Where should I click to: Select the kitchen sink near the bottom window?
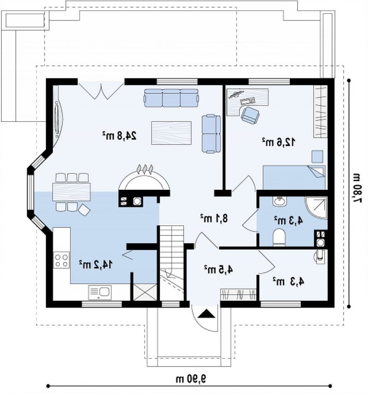(100, 292)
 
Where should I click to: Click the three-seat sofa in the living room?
(172, 98)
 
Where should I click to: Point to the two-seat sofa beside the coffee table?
(211, 133)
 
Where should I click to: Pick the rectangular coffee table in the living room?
(171, 133)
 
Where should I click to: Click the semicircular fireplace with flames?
(144, 179)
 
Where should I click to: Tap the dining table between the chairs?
(71, 192)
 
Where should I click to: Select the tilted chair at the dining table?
(84, 210)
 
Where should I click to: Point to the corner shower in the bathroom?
(316, 208)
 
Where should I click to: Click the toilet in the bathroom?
(279, 237)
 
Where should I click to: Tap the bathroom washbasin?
(280, 201)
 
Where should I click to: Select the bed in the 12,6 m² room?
(294, 177)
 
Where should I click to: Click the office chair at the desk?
(250, 115)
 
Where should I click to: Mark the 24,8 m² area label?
(119, 136)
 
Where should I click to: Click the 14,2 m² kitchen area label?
(96, 264)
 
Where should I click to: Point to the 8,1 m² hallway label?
(214, 218)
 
